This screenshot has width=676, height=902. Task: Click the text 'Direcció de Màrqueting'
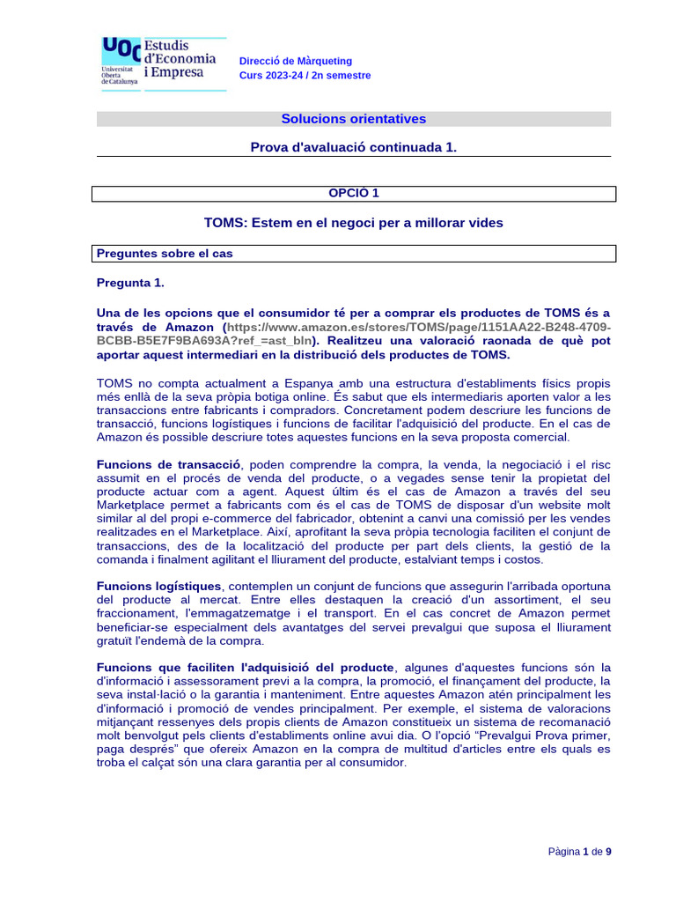(x=296, y=61)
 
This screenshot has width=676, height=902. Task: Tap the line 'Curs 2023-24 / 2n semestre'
(x=305, y=76)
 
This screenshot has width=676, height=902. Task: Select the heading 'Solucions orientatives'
(x=353, y=119)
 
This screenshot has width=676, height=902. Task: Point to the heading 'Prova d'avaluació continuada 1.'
(x=354, y=147)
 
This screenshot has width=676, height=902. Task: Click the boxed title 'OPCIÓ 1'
(x=353, y=193)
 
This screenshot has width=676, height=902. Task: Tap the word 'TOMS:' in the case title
(x=225, y=223)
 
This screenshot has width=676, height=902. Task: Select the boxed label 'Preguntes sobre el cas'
(x=165, y=254)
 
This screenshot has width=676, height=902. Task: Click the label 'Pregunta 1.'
(x=130, y=283)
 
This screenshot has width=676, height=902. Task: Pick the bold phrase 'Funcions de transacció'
(x=168, y=464)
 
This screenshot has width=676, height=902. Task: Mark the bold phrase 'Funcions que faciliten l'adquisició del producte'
(x=246, y=667)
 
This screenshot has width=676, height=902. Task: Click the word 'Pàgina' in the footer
(x=563, y=852)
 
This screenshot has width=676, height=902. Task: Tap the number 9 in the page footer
(x=608, y=852)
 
